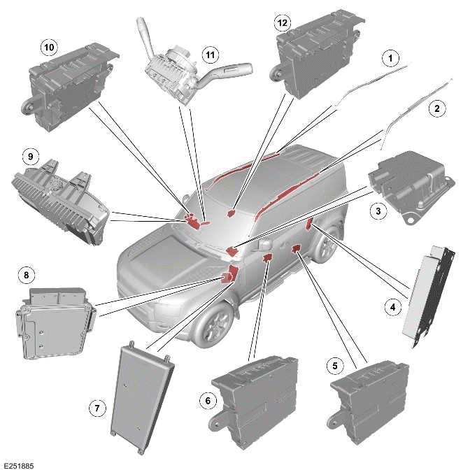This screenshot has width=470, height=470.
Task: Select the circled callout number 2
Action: click(437, 108)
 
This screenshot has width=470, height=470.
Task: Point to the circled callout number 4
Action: click(394, 306)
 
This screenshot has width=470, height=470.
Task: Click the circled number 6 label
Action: click(206, 401)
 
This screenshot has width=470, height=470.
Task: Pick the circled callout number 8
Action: click(27, 276)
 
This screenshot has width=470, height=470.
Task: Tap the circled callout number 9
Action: click(28, 155)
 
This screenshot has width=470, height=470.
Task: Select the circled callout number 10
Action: click(48, 47)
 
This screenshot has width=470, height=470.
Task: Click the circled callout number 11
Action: click(208, 54)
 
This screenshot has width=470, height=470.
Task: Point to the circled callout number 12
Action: click(282, 23)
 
